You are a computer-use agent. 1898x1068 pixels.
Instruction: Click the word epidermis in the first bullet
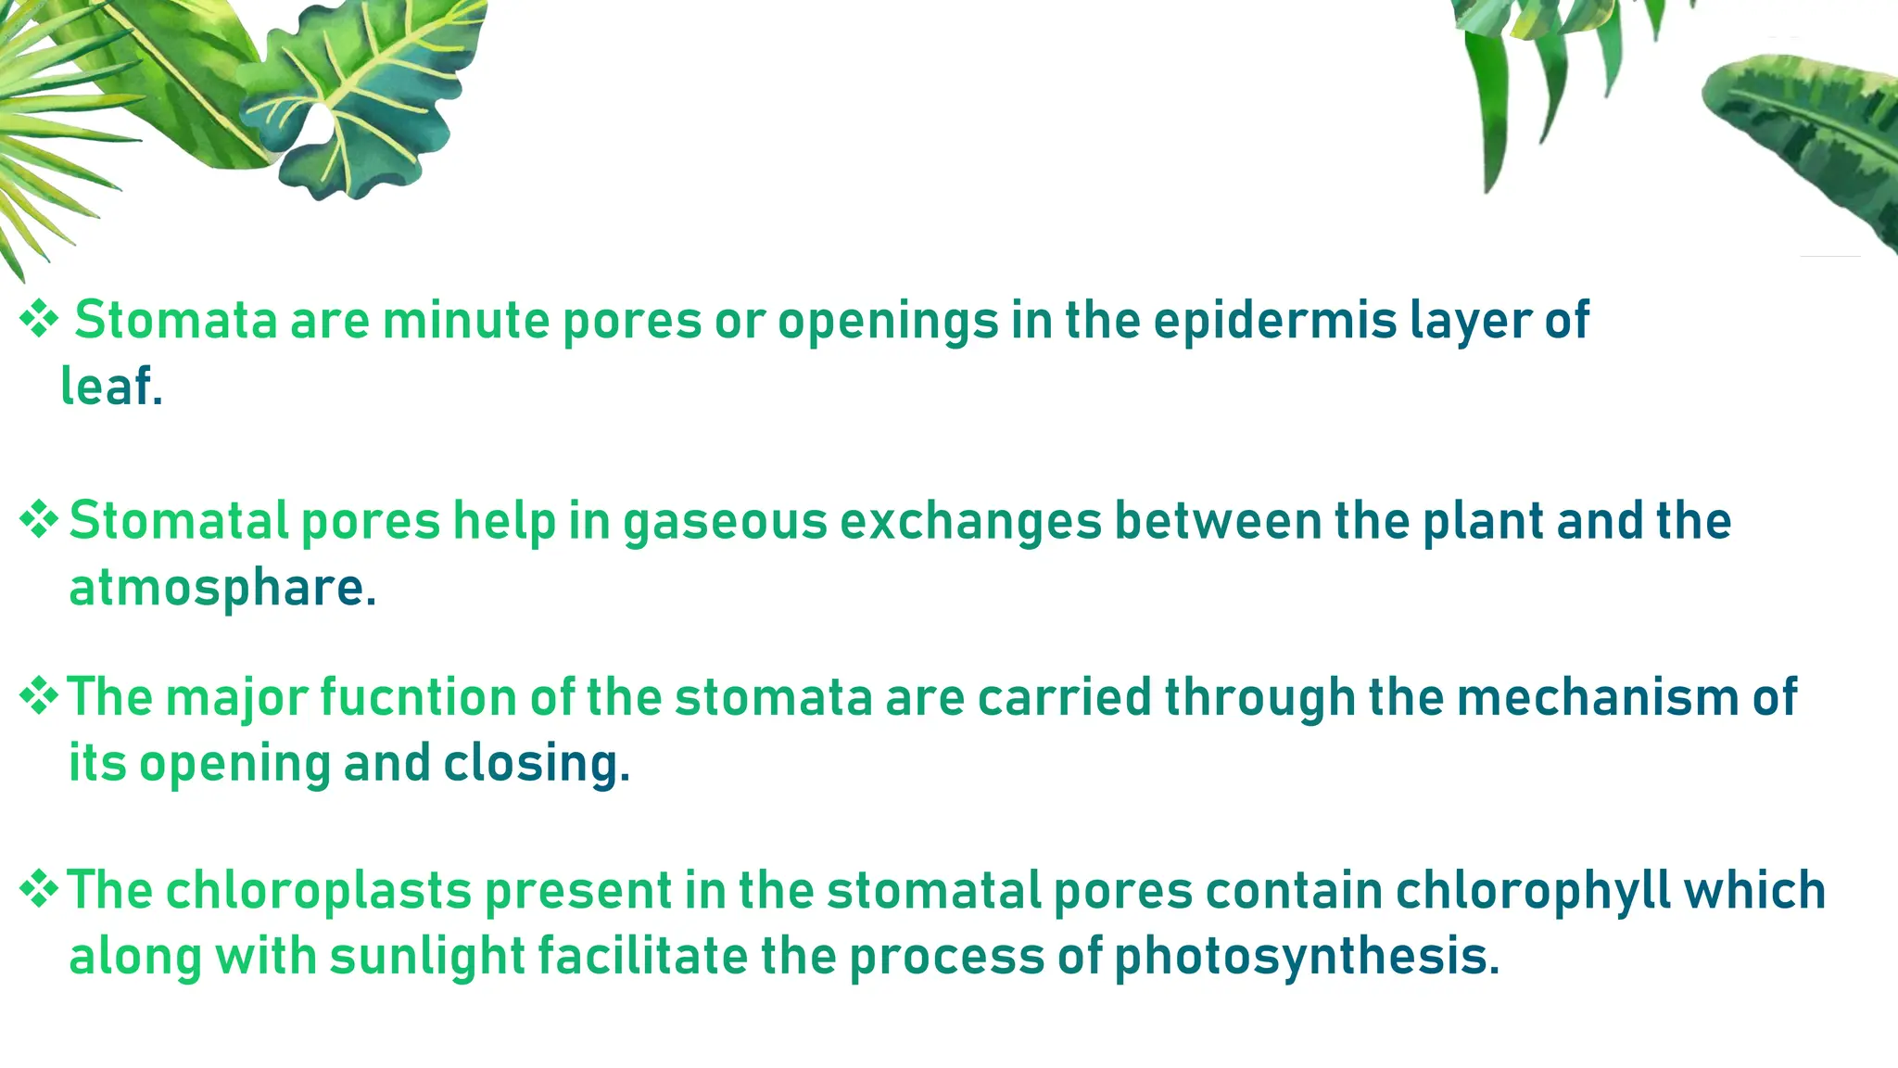pyautogui.click(x=1275, y=322)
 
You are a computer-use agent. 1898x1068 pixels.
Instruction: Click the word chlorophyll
pyautogui.click(x=1533, y=891)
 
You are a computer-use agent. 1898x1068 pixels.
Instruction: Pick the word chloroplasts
pyautogui.click(x=319, y=891)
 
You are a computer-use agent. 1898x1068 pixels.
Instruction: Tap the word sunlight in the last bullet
pyautogui.click(x=427, y=957)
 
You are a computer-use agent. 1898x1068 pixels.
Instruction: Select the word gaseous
pyautogui.click(x=725, y=521)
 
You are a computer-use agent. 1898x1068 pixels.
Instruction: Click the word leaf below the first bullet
pyautogui.click(x=107, y=388)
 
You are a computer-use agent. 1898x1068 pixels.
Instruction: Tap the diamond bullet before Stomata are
pyautogui.click(x=39, y=320)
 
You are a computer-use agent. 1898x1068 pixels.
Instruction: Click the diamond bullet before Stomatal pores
pyautogui.click(x=39, y=519)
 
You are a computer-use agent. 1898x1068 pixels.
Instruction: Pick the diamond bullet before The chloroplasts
pyautogui.click(x=39, y=889)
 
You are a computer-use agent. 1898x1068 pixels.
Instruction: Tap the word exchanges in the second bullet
pyautogui.click(x=970, y=521)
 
